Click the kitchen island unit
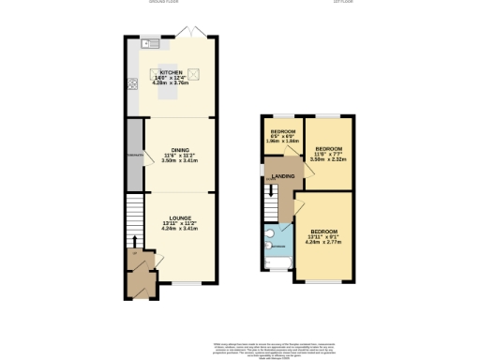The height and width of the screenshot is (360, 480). point(170,74)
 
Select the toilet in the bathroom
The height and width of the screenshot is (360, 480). point(269,234)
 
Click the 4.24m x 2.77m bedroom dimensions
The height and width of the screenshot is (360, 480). point(322,242)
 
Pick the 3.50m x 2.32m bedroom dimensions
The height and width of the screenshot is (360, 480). point(329,160)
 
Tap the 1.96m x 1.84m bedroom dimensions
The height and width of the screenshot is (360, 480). point(282,142)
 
